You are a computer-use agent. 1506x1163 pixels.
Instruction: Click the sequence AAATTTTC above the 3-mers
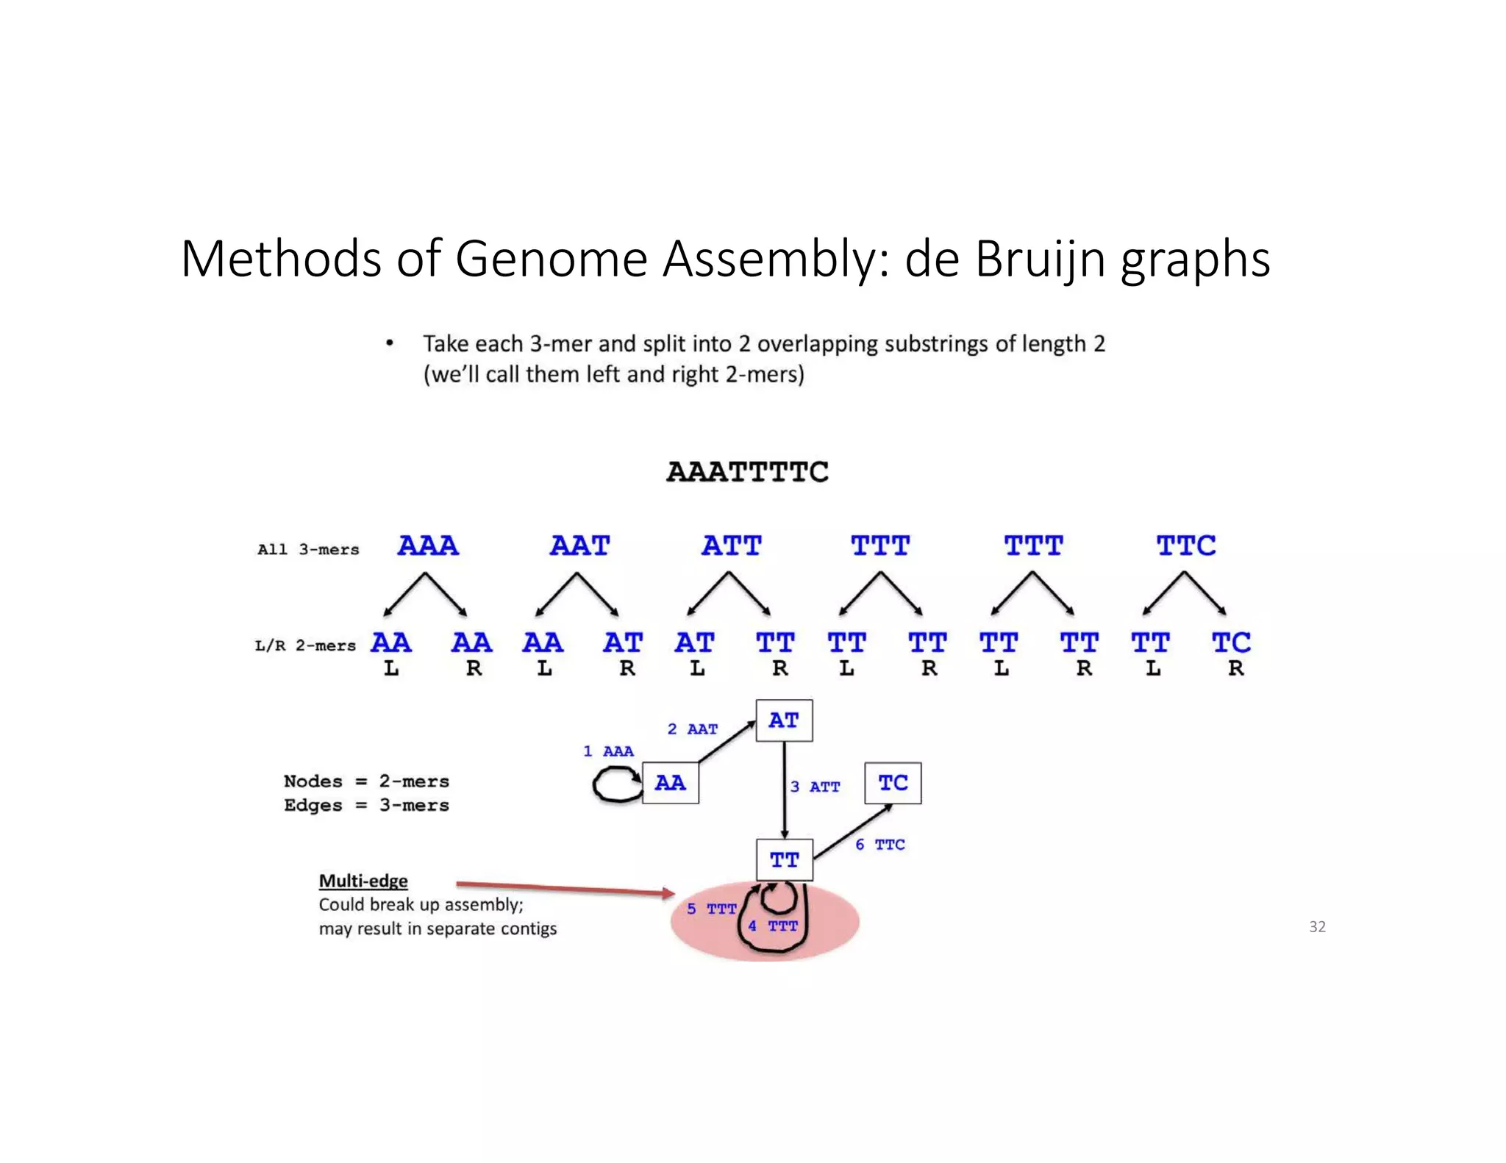click(747, 472)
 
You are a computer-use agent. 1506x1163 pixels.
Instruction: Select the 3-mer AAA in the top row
click(428, 546)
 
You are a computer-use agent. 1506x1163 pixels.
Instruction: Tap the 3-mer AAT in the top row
click(580, 546)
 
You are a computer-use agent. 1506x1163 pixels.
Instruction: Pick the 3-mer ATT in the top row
click(732, 546)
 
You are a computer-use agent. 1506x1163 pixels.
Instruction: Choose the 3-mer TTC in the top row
click(1186, 546)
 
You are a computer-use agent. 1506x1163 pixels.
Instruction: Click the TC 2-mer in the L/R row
click(1231, 643)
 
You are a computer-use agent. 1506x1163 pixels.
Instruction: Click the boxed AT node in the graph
click(784, 720)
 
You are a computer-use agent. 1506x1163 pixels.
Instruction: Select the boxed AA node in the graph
click(670, 783)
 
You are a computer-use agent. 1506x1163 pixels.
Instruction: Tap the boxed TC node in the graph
click(893, 783)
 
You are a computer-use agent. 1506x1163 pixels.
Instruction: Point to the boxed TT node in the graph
click(785, 859)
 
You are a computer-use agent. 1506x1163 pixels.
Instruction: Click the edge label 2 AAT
click(692, 729)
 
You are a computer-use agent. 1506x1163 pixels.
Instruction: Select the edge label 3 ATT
click(815, 787)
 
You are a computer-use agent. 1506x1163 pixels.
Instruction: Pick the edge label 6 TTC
click(879, 845)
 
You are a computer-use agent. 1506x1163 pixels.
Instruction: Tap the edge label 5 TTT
click(711, 909)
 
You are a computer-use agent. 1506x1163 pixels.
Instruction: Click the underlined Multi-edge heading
click(363, 881)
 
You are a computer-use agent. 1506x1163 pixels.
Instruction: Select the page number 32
click(1317, 927)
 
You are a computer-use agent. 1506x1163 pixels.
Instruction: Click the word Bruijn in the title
click(1041, 260)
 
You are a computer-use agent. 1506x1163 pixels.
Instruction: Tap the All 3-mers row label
click(308, 550)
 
